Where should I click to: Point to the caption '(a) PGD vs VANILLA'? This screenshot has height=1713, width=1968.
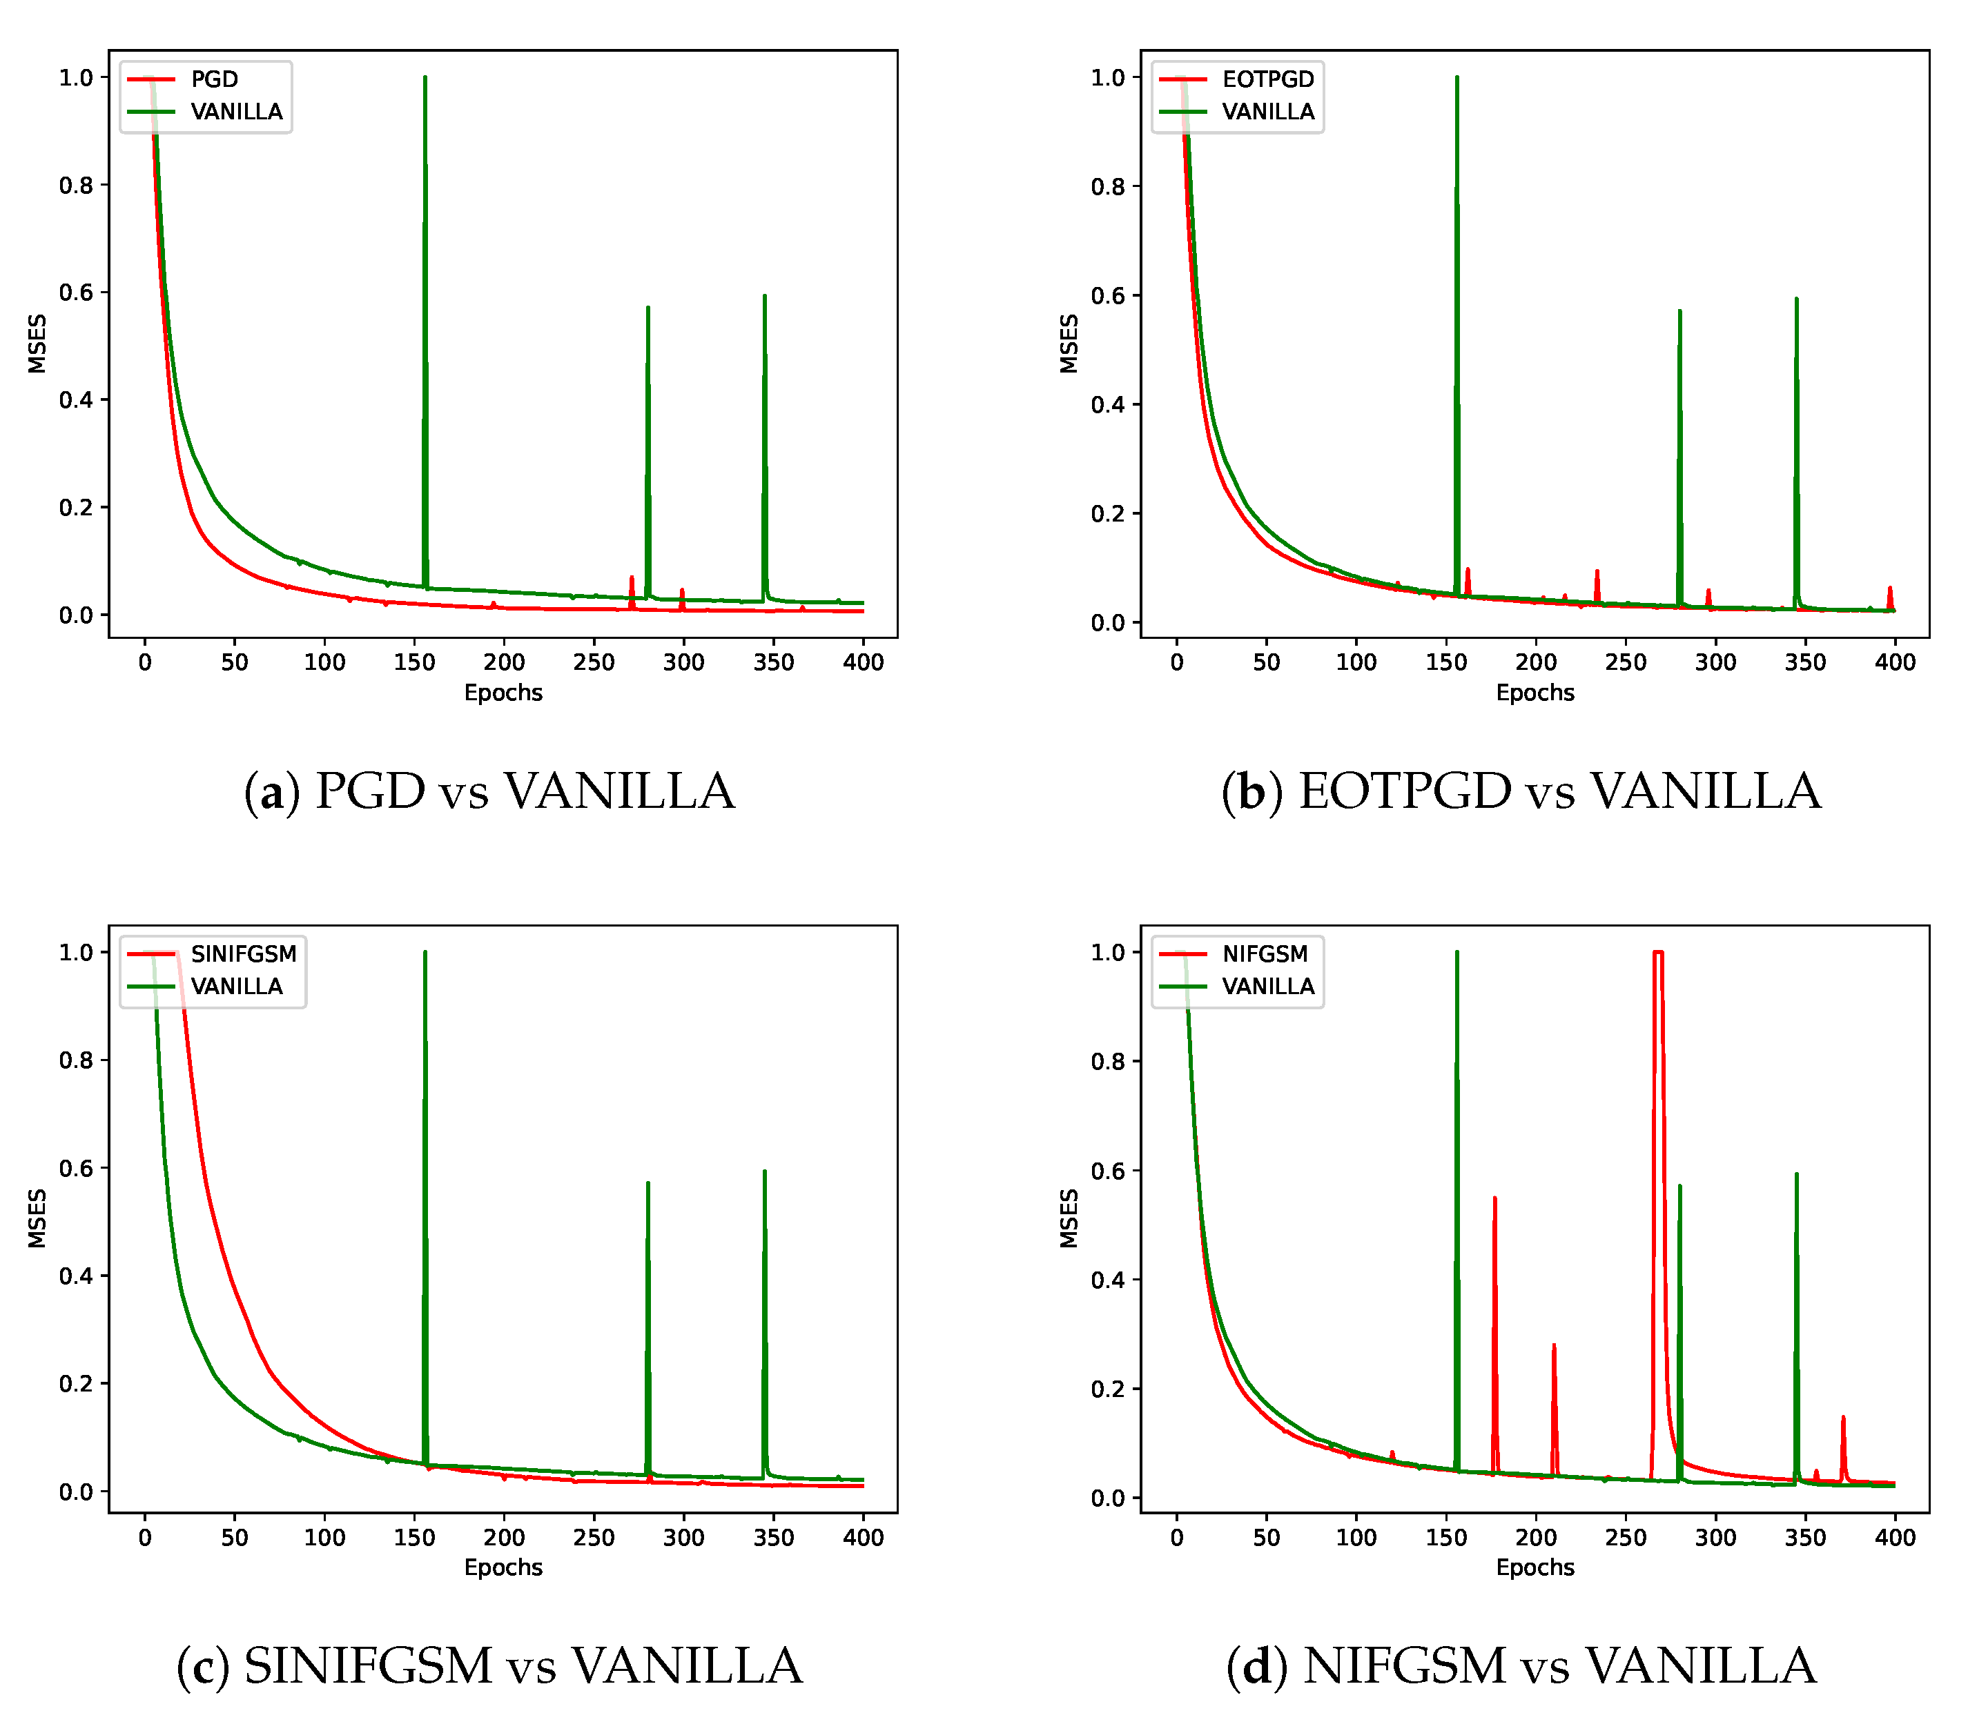489,791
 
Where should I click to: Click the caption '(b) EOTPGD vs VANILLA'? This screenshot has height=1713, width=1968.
1521,791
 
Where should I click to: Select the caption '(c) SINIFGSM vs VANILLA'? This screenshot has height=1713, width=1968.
489,1666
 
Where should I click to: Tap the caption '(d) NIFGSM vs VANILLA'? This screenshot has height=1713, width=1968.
1521,1666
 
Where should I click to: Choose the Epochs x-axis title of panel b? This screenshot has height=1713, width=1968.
1535,693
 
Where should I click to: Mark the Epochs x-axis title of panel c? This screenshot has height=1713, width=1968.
503,1567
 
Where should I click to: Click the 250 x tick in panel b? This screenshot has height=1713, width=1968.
1626,662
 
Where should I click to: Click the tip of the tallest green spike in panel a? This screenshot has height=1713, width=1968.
425,79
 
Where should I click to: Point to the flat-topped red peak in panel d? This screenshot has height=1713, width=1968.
1658,953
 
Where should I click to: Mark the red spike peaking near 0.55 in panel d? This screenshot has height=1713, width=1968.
1494,1199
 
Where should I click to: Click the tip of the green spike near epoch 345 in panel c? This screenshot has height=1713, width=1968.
765,1172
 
